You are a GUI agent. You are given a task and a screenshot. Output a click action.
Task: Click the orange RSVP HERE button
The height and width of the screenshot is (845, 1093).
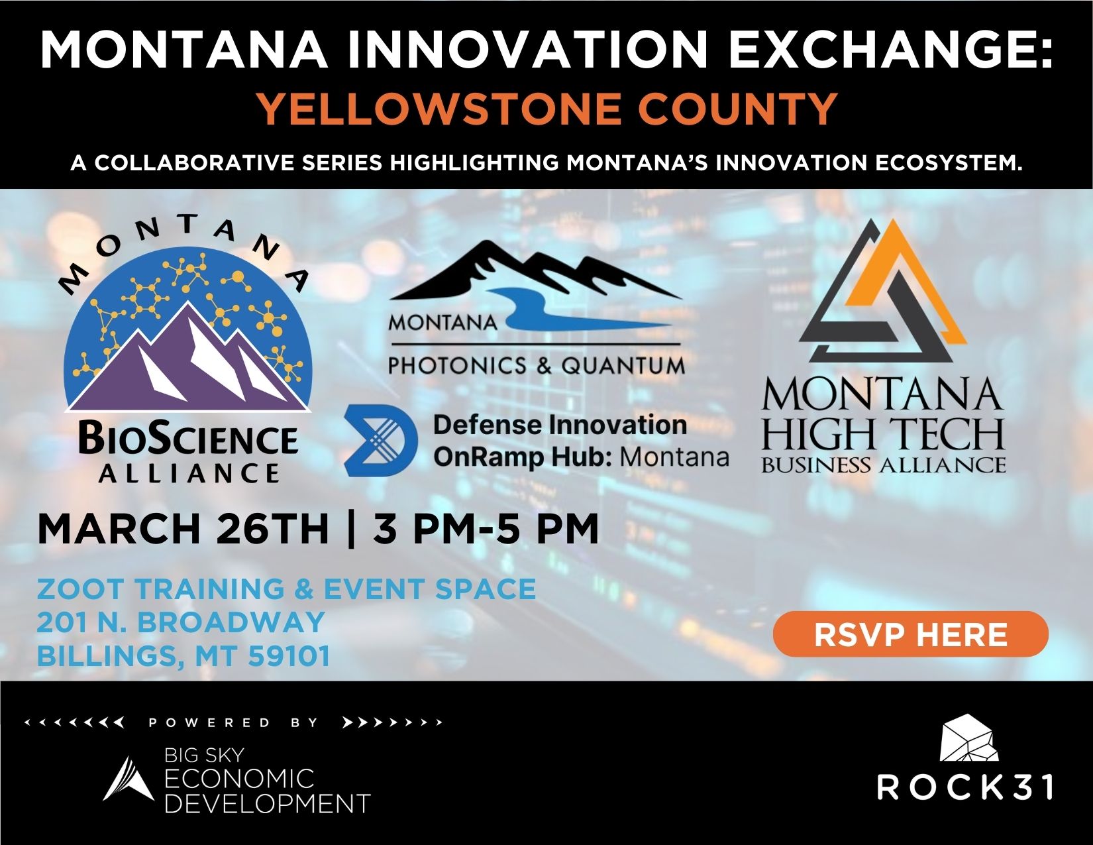click(910, 634)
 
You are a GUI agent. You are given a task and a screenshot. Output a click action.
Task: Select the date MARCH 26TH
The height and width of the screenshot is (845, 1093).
click(183, 529)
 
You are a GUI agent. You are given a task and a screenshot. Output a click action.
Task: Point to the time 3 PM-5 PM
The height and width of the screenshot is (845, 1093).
click(486, 529)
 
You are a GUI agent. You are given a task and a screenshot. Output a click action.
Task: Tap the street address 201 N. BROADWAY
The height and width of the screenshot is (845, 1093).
click(181, 622)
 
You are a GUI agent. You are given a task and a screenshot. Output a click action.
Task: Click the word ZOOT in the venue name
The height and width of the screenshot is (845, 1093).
click(80, 589)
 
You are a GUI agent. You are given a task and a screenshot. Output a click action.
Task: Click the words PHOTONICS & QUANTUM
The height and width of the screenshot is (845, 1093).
click(536, 366)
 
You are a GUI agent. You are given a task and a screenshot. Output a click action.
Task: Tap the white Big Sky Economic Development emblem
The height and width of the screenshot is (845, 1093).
click(129, 779)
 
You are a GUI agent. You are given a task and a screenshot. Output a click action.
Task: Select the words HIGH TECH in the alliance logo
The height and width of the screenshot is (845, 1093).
click(883, 434)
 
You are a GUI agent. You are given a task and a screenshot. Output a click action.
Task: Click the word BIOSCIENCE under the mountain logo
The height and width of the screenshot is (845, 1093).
click(187, 439)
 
